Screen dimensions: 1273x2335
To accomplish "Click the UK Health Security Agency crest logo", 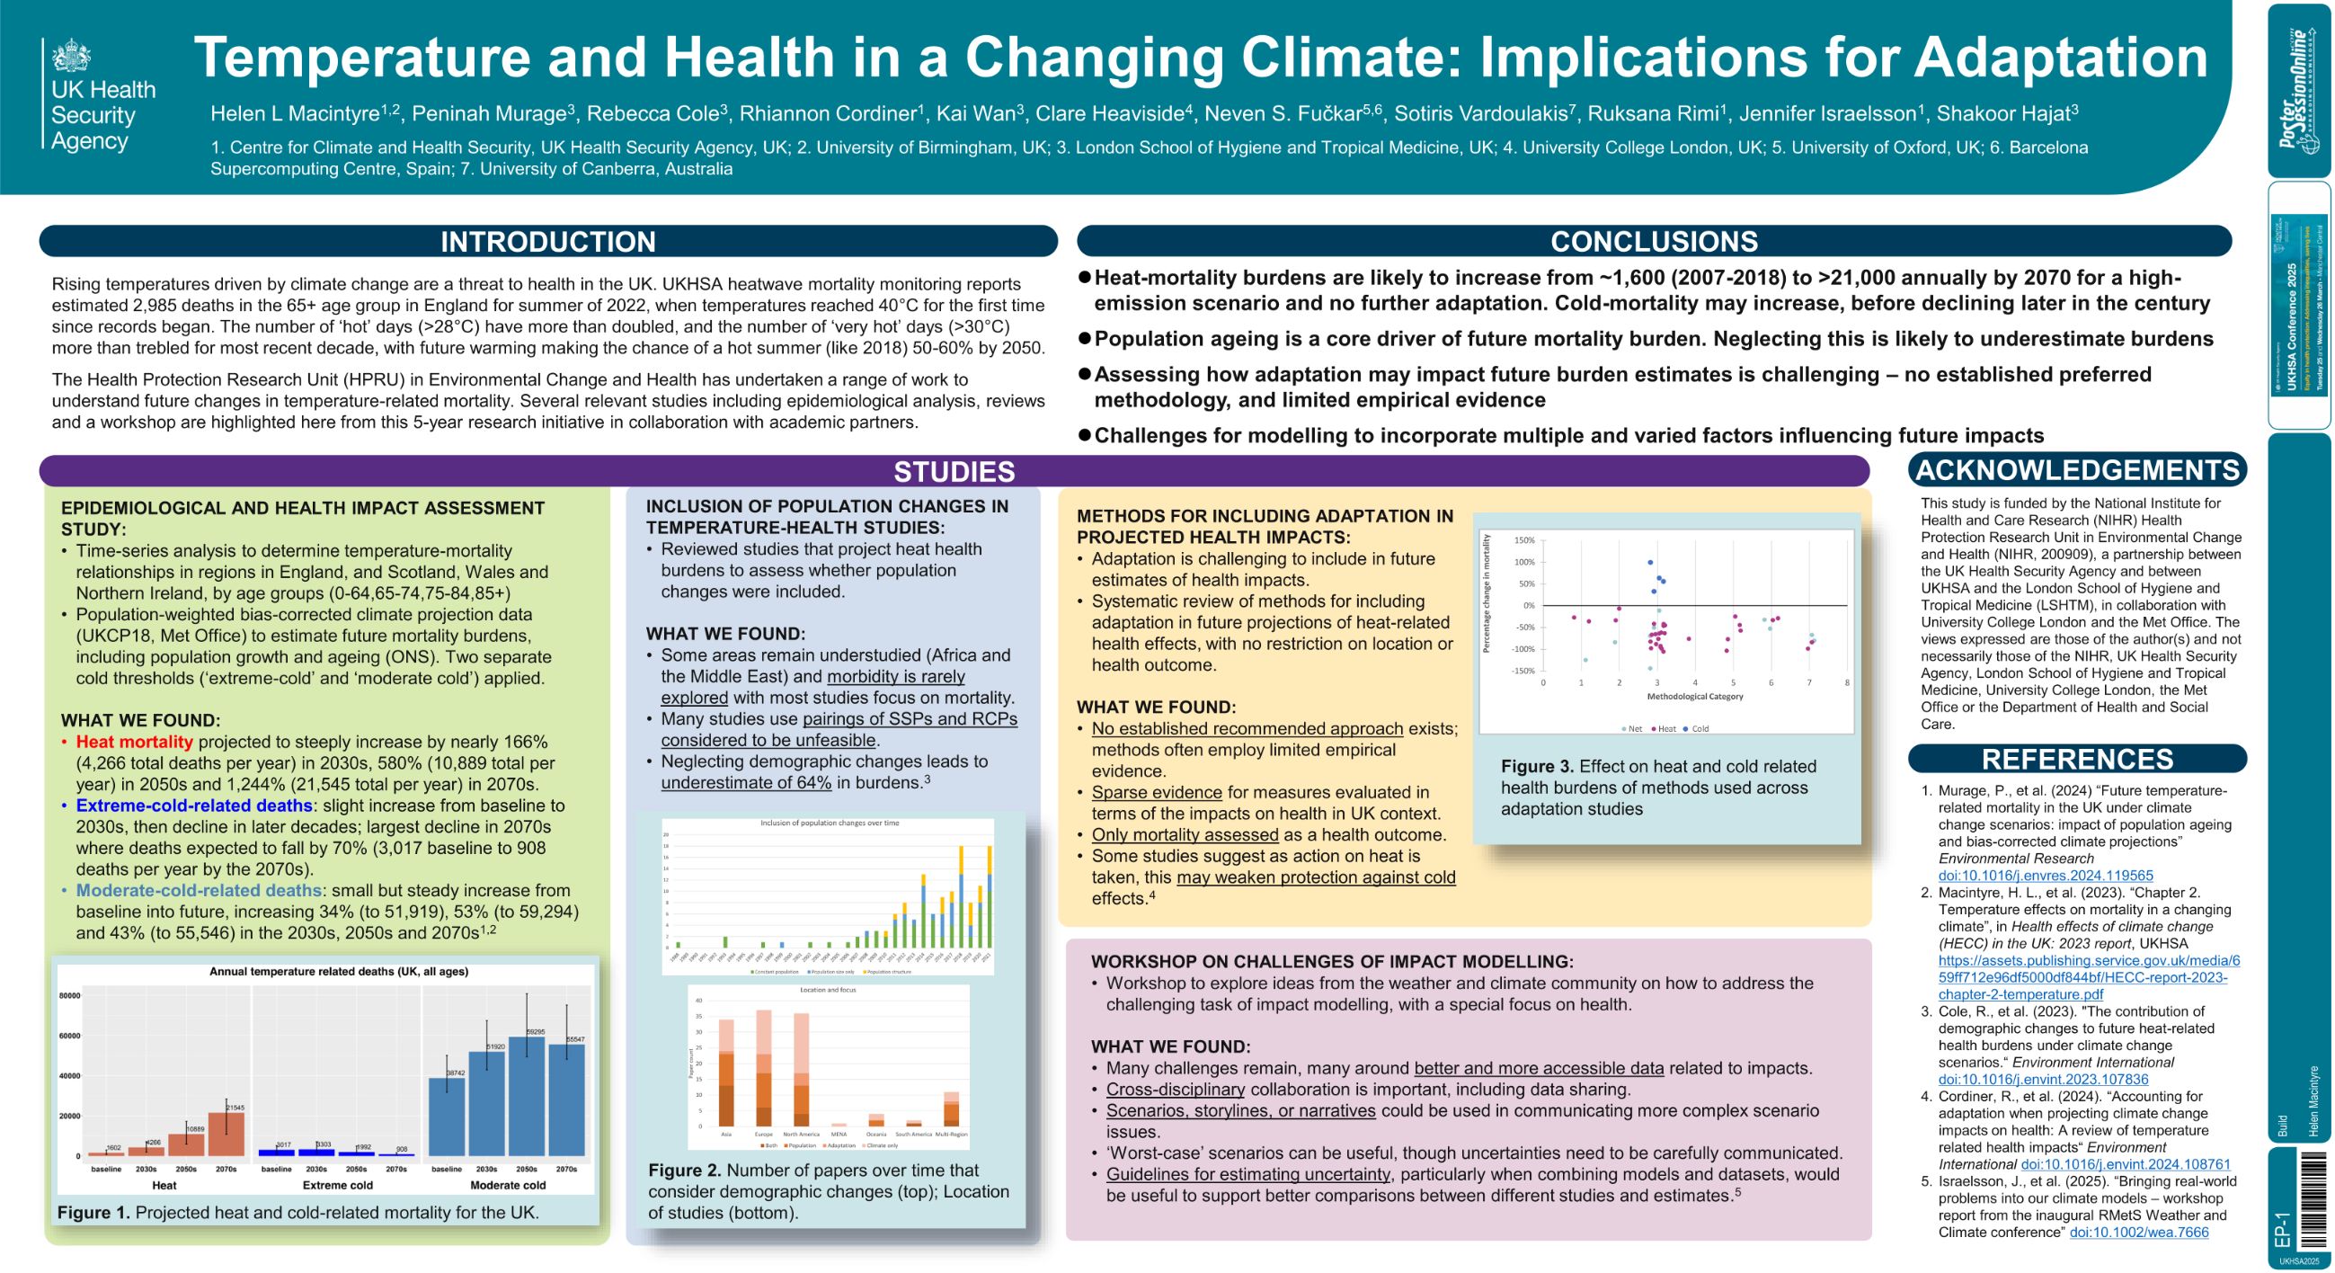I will point(71,57).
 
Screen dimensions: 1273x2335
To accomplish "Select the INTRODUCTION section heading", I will point(547,241).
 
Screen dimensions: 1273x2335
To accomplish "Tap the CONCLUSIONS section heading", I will point(1654,241).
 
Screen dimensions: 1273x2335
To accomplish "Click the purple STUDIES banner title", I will point(954,471).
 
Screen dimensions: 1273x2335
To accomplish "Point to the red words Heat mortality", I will point(134,742).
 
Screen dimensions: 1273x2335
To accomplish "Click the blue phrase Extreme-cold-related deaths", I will point(194,806).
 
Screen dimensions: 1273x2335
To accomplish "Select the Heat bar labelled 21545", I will point(226,1134).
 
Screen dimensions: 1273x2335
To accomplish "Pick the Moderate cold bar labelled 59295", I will point(527,1097).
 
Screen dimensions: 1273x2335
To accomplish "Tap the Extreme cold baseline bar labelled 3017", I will point(277,1153).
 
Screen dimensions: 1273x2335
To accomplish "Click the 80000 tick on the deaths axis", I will point(70,995).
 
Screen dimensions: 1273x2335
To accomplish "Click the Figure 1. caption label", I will point(93,1212).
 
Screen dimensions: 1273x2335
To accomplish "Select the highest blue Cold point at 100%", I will point(1651,563).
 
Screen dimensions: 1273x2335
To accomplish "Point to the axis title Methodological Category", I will point(1694,697).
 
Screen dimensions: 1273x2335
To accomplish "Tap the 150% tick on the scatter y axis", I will point(1523,540).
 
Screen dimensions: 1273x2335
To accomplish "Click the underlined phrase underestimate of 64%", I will point(745,782).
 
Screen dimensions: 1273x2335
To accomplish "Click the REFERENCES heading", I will point(2077,759).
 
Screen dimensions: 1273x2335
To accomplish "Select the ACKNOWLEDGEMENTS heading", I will point(2077,469).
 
